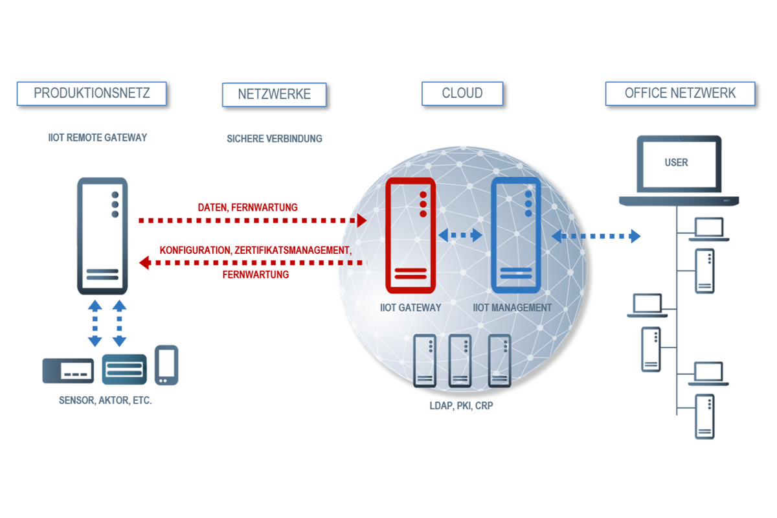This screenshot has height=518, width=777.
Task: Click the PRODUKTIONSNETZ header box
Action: [91, 93]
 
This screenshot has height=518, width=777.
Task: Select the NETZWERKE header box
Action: [274, 94]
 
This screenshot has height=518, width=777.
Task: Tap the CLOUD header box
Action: [462, 93]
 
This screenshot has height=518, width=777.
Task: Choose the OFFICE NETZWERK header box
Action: [680, 93]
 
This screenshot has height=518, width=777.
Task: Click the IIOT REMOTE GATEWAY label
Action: [98, 137]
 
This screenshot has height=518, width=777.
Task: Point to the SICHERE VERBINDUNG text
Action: [274, 139]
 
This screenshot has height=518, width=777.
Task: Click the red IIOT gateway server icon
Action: [410, 236]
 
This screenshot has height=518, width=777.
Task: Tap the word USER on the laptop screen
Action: [676, 163]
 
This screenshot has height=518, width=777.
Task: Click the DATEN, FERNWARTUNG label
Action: [247, 208]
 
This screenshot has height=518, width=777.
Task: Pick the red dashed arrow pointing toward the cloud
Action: [253, 221]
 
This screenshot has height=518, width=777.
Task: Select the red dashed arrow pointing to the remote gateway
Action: [253, 262]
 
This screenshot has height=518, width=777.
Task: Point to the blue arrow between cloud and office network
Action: [596, 236]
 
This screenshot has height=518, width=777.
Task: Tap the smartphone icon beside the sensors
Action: [166, 365]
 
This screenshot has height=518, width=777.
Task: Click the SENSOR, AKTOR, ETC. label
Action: [105, 401]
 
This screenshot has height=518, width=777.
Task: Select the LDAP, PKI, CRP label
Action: [462, 406]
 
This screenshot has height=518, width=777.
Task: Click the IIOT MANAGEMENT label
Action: [512, 308]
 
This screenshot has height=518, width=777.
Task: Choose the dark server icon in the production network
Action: [102, 236]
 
